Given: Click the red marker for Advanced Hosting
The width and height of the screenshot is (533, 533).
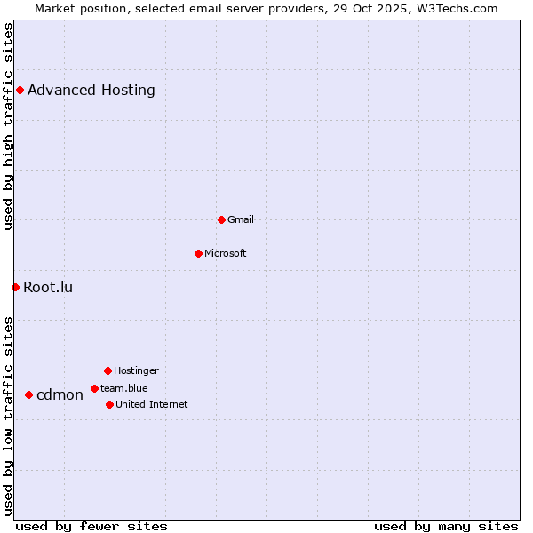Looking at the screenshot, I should tap(20, 90).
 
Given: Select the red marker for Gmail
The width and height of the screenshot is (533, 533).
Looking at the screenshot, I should tap(221, 219).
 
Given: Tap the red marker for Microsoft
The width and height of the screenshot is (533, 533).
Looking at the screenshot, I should tap(198, 253).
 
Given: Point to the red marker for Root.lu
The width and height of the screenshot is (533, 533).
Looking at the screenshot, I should tap(15, 287).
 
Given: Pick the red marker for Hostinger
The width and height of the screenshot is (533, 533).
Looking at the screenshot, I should tap(107, 370).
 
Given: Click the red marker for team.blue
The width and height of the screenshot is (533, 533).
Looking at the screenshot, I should tap(94, 388).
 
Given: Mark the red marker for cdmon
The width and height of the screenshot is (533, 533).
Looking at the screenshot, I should tap(28, 394).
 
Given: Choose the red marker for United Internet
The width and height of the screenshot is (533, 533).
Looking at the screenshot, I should tap(109, 404).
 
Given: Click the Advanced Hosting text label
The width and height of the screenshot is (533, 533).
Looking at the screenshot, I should tap(91, 90).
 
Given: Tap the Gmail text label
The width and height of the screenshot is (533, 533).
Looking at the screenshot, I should tap(241, 219).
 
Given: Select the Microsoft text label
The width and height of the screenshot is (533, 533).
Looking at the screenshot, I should tap(226, 253).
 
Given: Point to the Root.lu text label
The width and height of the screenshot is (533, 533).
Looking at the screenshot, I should tap(48, 287).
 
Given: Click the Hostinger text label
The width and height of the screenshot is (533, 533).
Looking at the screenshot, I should tap(136, 370).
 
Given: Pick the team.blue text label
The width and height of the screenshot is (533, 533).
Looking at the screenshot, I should tap(124, 388).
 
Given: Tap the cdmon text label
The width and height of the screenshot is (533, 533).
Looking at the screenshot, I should tap(60, 394).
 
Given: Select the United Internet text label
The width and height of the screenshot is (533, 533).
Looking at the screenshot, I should tap(152, 404).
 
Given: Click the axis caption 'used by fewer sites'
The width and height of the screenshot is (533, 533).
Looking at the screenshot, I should tap(91, 526).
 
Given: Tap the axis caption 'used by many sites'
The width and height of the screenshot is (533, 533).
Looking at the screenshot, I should tap(446, 526).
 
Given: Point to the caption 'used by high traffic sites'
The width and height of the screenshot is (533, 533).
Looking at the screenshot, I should tap(8, 126).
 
